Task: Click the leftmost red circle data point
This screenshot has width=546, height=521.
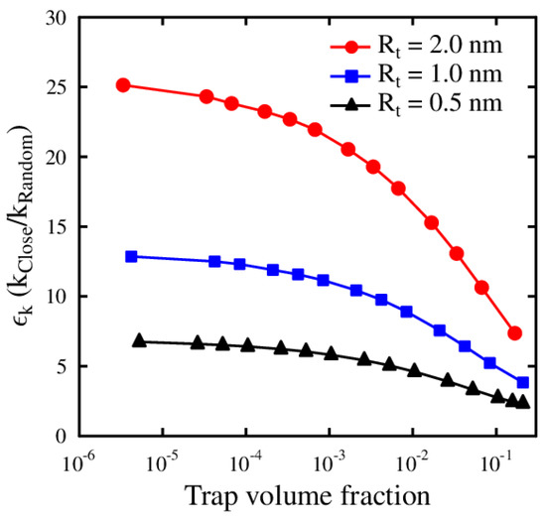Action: (123, 85)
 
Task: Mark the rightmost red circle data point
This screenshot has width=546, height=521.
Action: (514, 333)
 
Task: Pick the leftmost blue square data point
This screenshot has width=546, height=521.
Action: (131, 256)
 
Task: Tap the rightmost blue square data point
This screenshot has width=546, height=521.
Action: (523, 382)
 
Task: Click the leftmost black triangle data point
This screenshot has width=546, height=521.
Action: (139, 340)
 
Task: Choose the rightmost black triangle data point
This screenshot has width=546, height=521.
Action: (523, 402)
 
